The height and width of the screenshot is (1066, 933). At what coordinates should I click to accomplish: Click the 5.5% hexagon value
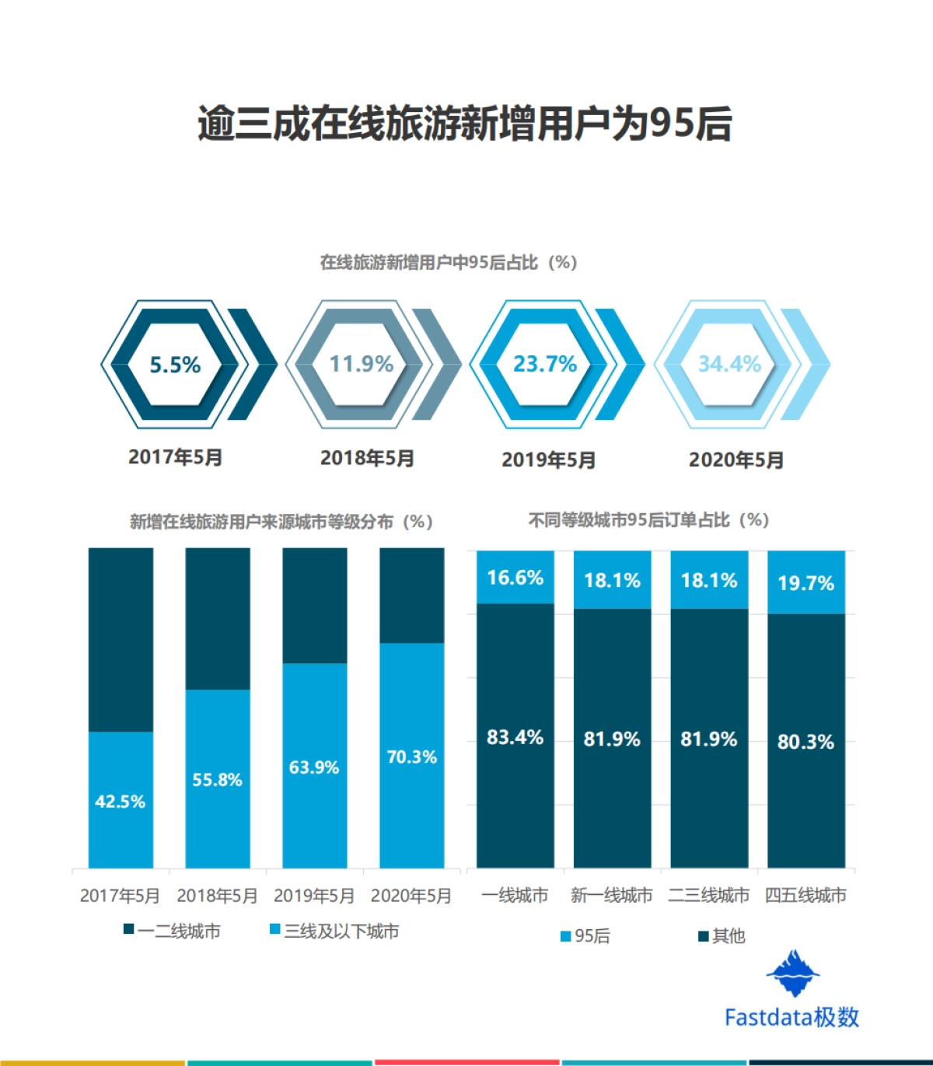pos(175,365)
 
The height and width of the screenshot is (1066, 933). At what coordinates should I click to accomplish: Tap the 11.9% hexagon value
pos(362,364)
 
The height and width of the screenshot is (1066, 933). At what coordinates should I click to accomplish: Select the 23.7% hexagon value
pos(545,364)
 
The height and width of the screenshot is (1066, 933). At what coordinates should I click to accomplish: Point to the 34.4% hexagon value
pos(729,364)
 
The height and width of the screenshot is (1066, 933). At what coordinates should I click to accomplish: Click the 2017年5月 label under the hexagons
pos(176,457)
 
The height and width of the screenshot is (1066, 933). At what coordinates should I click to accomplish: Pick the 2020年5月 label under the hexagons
pos(736,460)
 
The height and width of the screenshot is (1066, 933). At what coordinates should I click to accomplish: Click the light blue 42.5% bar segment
pos(121,800)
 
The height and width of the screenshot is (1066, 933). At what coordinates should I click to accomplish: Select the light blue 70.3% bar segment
pos(412,756)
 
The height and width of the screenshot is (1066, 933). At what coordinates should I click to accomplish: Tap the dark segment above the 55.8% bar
pos(218,618)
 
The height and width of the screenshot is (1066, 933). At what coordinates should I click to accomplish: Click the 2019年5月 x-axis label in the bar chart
pos(314,896)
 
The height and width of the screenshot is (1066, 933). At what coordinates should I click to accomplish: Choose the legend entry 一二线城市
pos(173,931)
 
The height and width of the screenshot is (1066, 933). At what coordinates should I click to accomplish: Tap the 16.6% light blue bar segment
pos(515,578)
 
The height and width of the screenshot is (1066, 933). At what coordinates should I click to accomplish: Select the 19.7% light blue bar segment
pos(805,582)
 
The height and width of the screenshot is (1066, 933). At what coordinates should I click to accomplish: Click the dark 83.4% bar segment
pos(515,736)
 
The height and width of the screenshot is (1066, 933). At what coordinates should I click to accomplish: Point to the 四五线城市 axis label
pos(805,896)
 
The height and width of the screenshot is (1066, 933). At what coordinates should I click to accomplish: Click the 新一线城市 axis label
pos(612,896)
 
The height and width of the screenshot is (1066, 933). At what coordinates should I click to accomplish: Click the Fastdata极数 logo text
pos(791,1017)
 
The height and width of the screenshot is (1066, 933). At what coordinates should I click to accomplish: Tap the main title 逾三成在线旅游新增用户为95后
pos(465,124)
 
